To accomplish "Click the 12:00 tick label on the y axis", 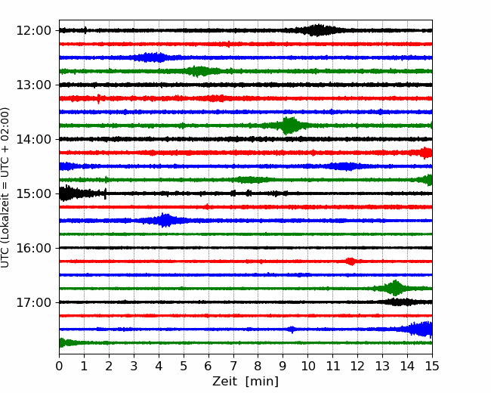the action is tap(33, 31).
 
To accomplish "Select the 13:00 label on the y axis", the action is tap(33, 85).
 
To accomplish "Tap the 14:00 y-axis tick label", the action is tap(33, 139).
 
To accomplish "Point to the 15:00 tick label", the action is tap(33, 193).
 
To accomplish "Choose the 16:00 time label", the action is tap(33, 248).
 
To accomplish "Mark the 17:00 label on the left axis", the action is tap(33, 302).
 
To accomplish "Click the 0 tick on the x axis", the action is tap(59, 366).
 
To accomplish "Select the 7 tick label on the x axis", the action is tap(233, 366).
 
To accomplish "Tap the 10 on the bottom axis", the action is tap(307, 366).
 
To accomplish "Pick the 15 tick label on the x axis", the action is tap(432, 366).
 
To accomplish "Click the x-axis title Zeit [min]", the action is tap(246, 382).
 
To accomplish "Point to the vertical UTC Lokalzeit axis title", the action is tap(5, 187).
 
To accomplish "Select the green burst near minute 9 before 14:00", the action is tap(289, 125).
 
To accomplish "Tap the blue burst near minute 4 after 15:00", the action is tap(165, 221).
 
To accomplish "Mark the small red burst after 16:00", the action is tap(351, 261).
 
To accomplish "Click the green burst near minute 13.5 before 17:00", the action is tap(394, 288).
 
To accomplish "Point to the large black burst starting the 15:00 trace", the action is tap(75, 193).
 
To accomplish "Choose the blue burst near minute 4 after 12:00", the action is tap(153, 57).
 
